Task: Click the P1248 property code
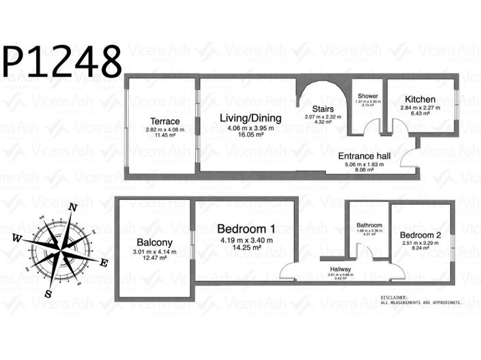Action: pyautogui.click(x=63, y=61)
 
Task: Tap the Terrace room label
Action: pyautogui.click(x=165, y=121)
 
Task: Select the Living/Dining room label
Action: pyautogui.click(x=250, y=118)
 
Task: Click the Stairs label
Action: pyautogui.click(x=323, y=109)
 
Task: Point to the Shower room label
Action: pyautogui.click(x=367, y=95)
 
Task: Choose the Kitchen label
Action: pyautogui.click(x=420, y=100)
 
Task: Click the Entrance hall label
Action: pyautogui.click(x=364, y=156)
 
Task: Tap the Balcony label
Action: pyautogui.click(x=154, y=242)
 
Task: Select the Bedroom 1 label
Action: pyautogui.click(x=246, y=228)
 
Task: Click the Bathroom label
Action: pyautogui.click(x=369, y=225)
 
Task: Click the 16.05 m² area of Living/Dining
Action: pyautogui.click(x=250, y=136)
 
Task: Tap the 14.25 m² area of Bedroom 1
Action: pyautogui.click(x=246, y=249)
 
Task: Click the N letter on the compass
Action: pyautogui.click(x=74, y=209)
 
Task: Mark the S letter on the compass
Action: pyautogui.click(x=48, y=293)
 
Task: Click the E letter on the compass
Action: pyautogui.click(x=104, y=263)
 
